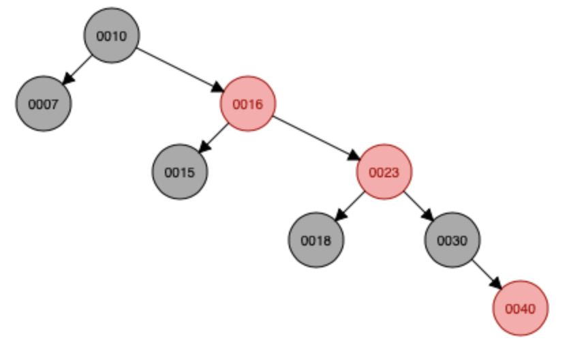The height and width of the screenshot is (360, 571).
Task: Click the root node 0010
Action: (112, 35)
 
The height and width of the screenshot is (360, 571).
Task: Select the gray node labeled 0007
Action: (44, 104)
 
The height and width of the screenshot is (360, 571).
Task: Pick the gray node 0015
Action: (179, 172)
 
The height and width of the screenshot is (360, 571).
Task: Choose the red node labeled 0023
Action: (384, 172)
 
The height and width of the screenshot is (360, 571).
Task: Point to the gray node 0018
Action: (316, 240)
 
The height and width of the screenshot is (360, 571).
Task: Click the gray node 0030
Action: (452, 240)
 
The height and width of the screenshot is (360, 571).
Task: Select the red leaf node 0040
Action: (521, 308)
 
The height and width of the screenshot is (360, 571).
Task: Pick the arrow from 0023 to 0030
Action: (418, 206)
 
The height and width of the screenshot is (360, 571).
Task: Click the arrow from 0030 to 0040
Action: (486, 274)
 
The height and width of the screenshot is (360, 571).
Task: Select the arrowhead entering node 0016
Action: (218, 89)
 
